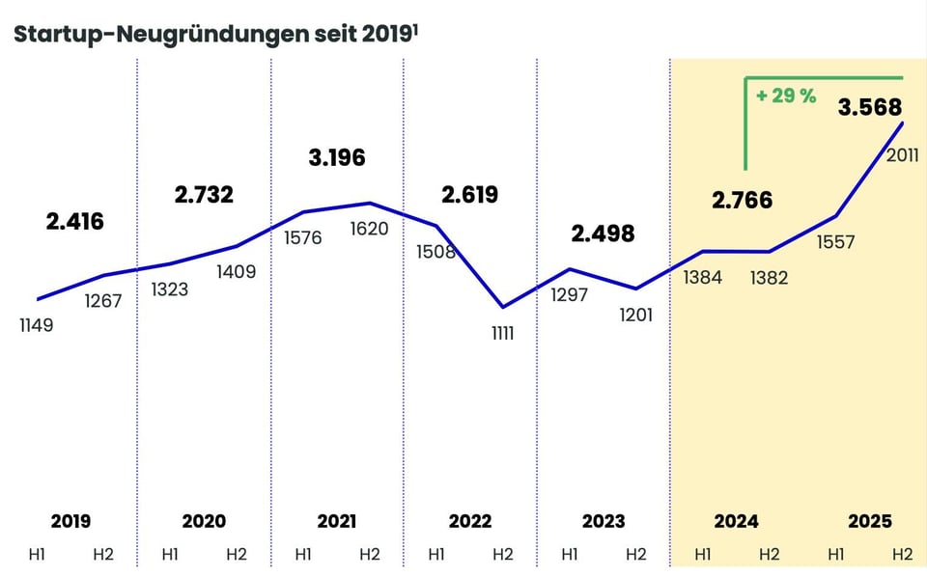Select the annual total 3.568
[x=869, y=107]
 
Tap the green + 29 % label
[x=786, y=96]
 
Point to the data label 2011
[x=902, y=155]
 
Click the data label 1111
[x=502, y=333]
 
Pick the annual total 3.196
[x=336, y=157]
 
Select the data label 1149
[x=36, y=325]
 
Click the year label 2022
[x=469, y=522]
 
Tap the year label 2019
[x=70, y=522]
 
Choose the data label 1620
[x=369, y=229]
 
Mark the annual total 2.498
[x=603, y=234]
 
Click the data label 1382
[x=769, y=278]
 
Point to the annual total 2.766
[x=743, y=201]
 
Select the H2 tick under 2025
[x=902, y=555]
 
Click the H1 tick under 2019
[x=37, y=555]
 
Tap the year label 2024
[x=736, y=522]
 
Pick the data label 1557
[x=835, y=242]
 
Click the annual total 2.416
[x=74, y=222]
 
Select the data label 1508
[x=435, y=252]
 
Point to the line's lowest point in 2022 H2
[x=502, y=308]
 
